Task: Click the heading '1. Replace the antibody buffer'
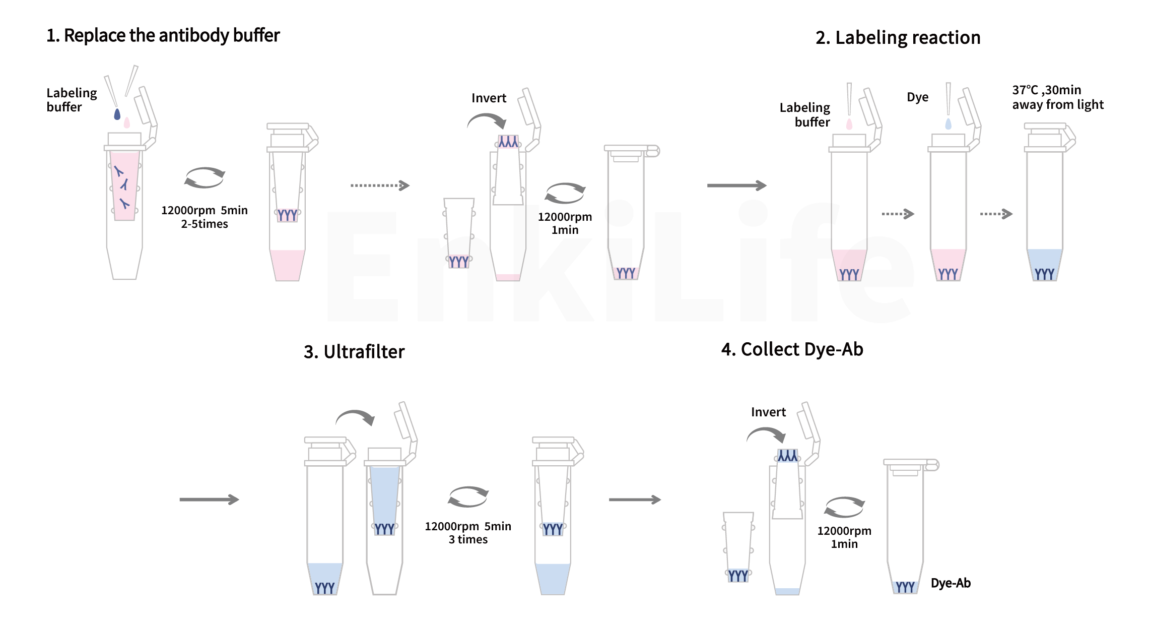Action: tap(163, 36)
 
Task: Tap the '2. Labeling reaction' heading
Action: tap(898, 38)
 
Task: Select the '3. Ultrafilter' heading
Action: tap(354, 352)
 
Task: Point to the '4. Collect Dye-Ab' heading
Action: tap(792, 349)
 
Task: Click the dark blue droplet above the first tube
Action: tap(117, 114)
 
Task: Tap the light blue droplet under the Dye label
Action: tap(949, 124)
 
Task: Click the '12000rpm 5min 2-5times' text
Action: tap(205, 217)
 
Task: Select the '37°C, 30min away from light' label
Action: tap(1057, 97)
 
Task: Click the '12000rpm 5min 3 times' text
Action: tap(468, 533)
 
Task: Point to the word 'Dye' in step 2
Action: tap(917, 97)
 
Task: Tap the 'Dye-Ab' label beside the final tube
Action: tap(951, 583)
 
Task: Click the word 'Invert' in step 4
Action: tap(768, 412)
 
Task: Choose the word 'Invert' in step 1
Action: tap(489, 98)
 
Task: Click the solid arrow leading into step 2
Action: tap(736, 185)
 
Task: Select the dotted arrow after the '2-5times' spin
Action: tap(380, 185)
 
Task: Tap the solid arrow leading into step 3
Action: tap(209, 500)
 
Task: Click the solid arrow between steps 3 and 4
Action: tap(635, 500)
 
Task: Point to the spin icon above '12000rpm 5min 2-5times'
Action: tap(205, 177)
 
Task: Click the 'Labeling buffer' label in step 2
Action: tap(804, 115)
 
